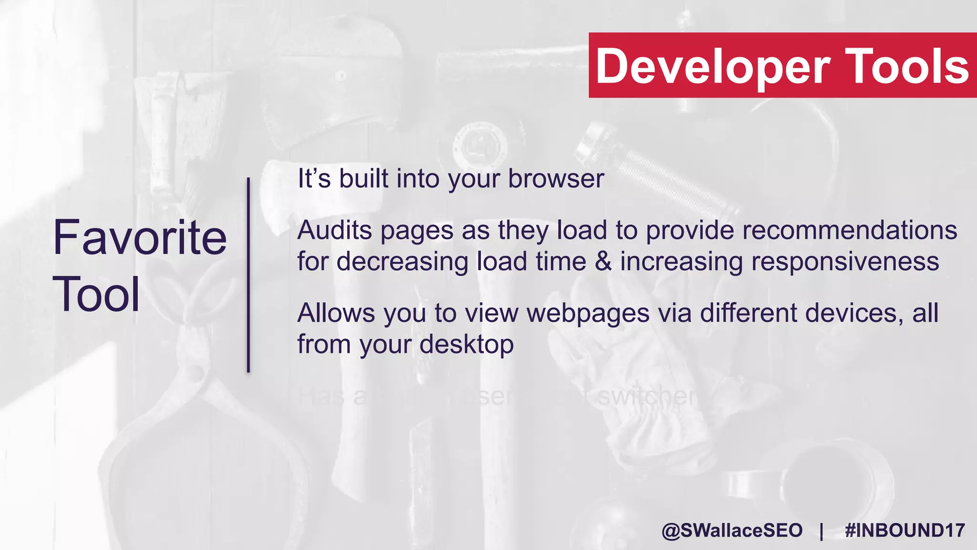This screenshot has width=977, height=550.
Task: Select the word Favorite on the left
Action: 140,237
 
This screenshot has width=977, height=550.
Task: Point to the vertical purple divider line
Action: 249,275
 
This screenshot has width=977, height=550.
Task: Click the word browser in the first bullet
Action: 556,179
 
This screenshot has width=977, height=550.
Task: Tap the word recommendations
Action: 850,230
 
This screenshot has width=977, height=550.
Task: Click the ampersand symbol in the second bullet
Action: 603,262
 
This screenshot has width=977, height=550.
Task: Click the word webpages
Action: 588,313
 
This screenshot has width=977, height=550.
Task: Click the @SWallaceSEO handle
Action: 732,530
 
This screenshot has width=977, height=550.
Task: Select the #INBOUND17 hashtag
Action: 904,530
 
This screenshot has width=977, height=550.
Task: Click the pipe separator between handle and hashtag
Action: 821,530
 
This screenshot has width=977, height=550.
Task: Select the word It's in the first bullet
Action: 314,179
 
